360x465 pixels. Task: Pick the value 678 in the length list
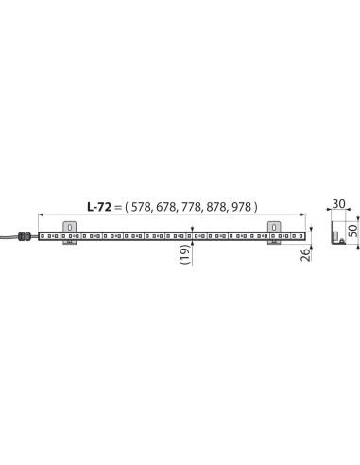pyautogui.click(x=167, y=207)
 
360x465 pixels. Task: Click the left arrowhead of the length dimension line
pyautogui.click(x=42, y=215)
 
